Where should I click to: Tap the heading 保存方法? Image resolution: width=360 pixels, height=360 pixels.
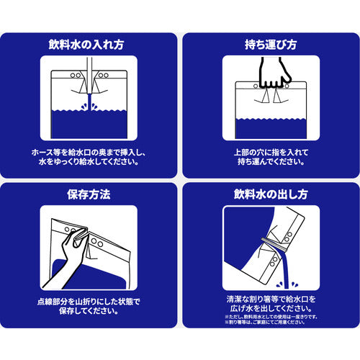[88, 194]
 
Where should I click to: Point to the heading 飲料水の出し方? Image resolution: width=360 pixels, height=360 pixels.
[271, 194]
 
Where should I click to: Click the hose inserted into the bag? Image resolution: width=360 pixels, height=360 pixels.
[87, 79]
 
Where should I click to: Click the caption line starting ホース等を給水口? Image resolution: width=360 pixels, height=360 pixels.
[88, 152]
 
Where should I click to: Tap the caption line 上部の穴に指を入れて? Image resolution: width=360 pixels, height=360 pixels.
[271, 152]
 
